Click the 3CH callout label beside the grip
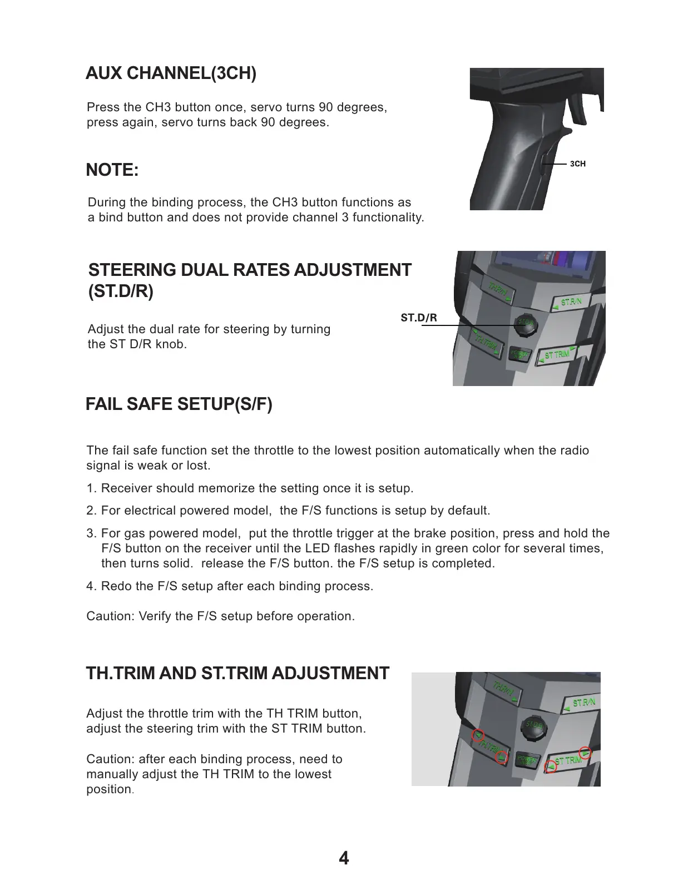578,164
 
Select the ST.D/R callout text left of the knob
419,318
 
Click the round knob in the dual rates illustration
526,325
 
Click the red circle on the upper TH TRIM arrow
477,735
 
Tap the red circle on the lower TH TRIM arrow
502,756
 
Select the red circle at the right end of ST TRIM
587,753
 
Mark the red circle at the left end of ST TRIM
551,766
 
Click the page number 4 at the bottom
344,858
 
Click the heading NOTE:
112,170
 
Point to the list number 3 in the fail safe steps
91,533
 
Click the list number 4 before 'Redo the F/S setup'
91,586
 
